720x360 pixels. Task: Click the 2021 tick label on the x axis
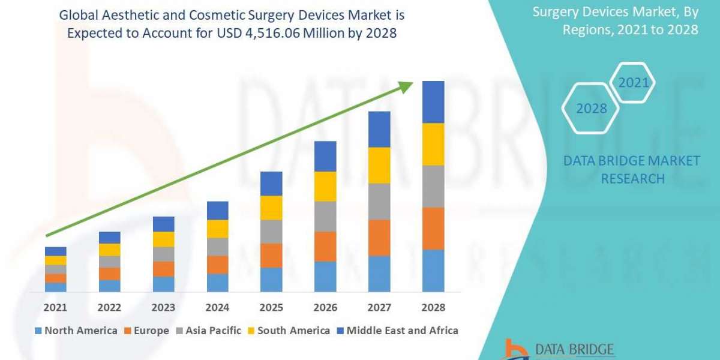(x=55, y=307)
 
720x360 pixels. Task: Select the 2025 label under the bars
(x=271, y=307)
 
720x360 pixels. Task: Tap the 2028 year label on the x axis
(x=433, y=307)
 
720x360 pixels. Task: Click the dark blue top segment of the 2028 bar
(x=433, y=102)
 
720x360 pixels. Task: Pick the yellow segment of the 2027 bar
(x=379, y=165)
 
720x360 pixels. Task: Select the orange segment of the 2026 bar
(x=325, y=246)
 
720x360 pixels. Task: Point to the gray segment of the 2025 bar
(x=271, y=231)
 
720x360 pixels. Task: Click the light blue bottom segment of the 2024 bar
(x=217, y=283)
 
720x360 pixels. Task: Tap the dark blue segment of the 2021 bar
(x=55, y=251)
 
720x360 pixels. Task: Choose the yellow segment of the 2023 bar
(x=163, y=239)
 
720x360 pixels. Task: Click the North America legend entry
(x=76, y=331)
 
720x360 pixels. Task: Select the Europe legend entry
(x=147, y=331)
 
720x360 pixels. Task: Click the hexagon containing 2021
(x=634, y=82)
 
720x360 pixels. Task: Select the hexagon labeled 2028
(x=591, y=109)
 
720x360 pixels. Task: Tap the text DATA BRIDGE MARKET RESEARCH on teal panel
(x=632, y=169)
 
